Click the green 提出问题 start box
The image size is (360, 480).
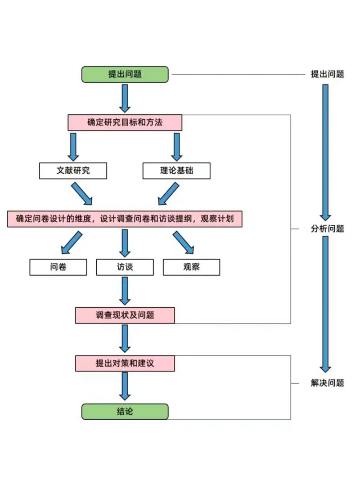[x=125, y=74]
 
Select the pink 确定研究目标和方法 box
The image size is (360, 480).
[x=125, y=122]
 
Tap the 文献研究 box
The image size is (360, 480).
[x=73, y=171]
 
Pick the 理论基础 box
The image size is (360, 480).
[x=176, y=171]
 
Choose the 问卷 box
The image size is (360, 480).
[x=58, y=267]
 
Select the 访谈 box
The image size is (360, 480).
[x=125, y=267]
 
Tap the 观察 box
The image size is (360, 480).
[x=191, y=267]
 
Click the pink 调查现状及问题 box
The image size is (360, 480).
[x=125, y=315]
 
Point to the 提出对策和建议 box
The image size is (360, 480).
[x=125, y=363]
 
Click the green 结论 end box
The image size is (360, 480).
[x=125, y=412]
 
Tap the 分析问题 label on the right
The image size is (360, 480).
[x=327, y=229]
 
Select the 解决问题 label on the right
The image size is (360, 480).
[x=327, y=383]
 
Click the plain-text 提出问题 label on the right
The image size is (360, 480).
[x=327, y=74]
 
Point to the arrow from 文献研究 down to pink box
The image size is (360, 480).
[x=81, y=193]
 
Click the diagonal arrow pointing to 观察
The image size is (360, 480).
[x=183, y=243]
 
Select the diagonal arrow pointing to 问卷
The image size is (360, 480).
[x=72, y=243]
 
